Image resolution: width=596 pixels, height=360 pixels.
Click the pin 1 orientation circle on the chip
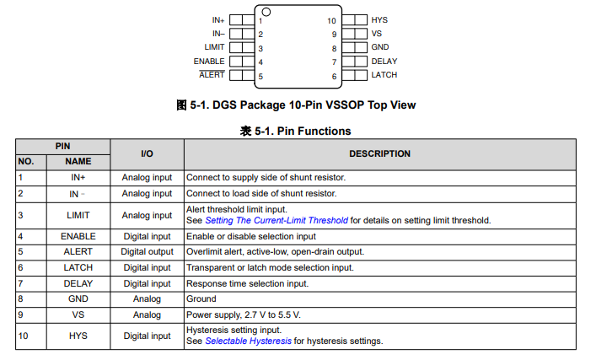click(266, 12)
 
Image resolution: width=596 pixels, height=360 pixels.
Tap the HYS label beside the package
click(379, 20)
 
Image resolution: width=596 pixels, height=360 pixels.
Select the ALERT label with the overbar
click(212, 74)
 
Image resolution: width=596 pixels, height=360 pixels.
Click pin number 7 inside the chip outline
click(334, 62)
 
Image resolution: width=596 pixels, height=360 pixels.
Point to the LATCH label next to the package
click(384, 75)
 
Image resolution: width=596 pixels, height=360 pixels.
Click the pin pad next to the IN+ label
click(242, 20)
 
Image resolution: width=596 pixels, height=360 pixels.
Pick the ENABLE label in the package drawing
click(209, 62)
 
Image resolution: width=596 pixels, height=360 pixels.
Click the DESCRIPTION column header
click(379, 153)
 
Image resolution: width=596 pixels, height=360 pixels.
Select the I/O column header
click(147, 153)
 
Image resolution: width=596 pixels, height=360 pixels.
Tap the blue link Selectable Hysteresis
click(248, 341)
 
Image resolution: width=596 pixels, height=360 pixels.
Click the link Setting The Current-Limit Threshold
click(277, 221)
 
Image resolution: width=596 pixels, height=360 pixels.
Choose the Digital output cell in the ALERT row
click(147, 251)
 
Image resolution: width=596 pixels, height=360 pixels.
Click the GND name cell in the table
click(78, 298)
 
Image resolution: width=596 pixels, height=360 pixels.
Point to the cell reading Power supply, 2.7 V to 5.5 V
click(244, 314)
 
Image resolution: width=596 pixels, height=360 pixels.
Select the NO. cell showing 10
click(24, 336)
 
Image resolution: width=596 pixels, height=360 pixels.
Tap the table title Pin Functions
click(314, 132)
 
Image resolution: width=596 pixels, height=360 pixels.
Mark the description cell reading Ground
click(201, 298)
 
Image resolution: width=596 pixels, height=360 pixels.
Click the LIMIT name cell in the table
click(78, 215)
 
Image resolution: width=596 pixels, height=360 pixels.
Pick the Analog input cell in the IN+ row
click(147, 178)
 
